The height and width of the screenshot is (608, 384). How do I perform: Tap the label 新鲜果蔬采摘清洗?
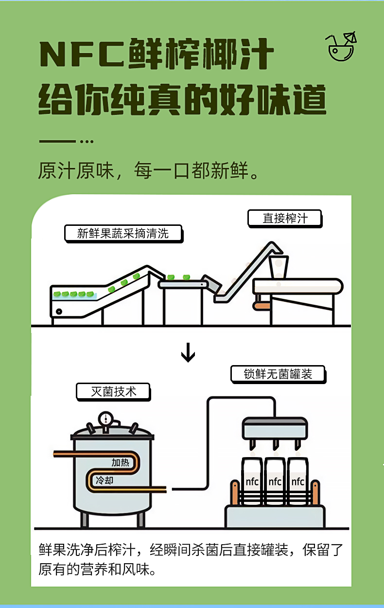(x=123, y=233)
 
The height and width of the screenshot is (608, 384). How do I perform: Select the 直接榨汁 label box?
(x=285, y=218)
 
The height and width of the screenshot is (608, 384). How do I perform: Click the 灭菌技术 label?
(x=113, y=391)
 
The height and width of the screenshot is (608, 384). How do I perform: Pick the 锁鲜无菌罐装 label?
(x=278, y=374)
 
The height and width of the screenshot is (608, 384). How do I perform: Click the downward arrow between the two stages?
(x=188, y=354)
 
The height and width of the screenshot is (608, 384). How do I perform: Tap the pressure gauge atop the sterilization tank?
(x=105, y=419)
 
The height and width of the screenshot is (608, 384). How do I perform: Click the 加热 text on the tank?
(x=120, y=462)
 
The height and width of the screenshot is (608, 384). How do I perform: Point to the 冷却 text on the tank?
(x=105, y=480)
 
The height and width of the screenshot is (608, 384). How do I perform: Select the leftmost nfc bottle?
(x=252, y=481)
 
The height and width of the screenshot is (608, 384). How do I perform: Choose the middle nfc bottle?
(x=275, y=481)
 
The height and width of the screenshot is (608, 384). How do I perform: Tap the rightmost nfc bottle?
(x=297, y=481)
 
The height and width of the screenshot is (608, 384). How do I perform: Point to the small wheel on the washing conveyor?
(x=59, y=311)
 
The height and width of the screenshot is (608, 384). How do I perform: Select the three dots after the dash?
(x=86, y=142)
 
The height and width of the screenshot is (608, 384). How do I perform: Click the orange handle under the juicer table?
(x=262, y=306)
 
